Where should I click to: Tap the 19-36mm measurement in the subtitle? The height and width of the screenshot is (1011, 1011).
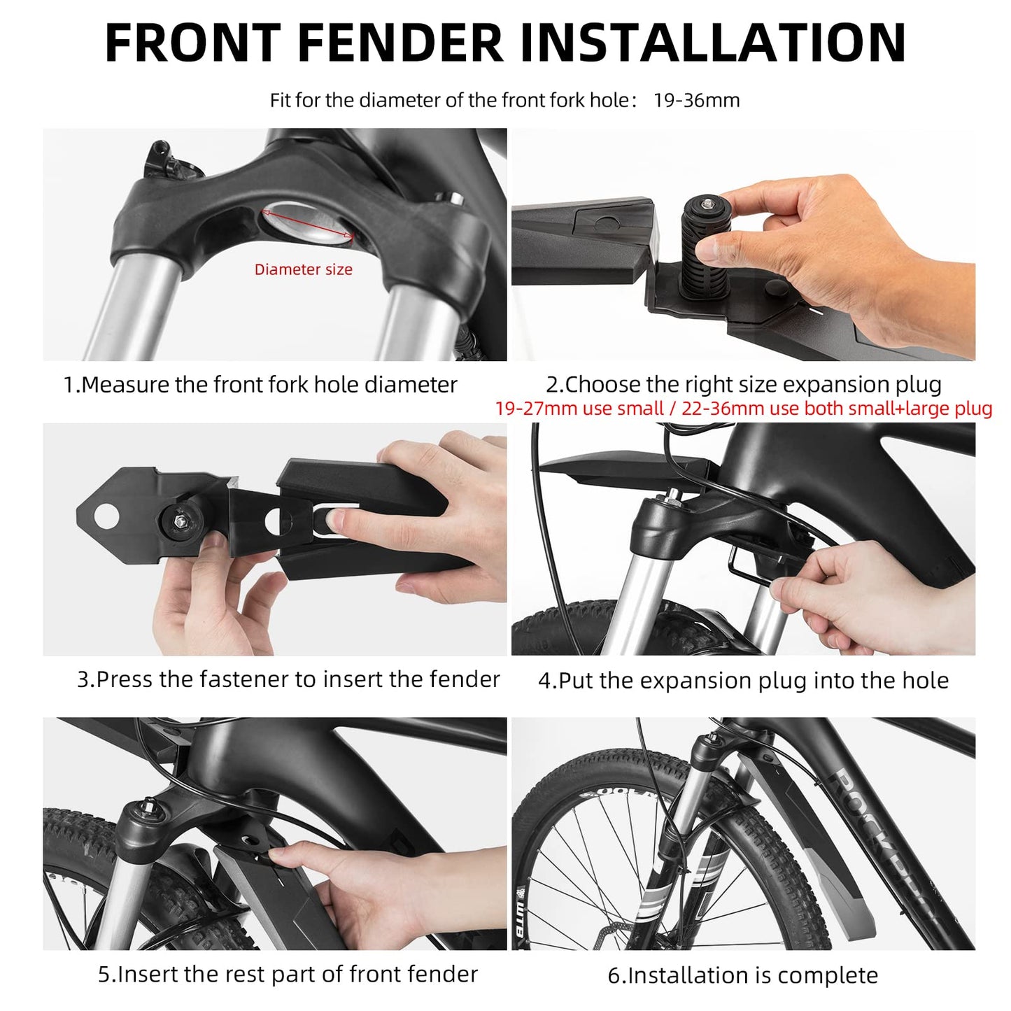[x=696, y=101]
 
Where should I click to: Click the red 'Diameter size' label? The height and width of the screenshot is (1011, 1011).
[x=303, y=270]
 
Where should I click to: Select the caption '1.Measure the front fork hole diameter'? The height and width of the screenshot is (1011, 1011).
[x=260, y=385]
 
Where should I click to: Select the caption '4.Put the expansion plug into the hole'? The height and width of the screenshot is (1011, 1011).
[x=743, y=681]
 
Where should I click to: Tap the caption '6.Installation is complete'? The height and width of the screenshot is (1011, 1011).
[x=742, y=975]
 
